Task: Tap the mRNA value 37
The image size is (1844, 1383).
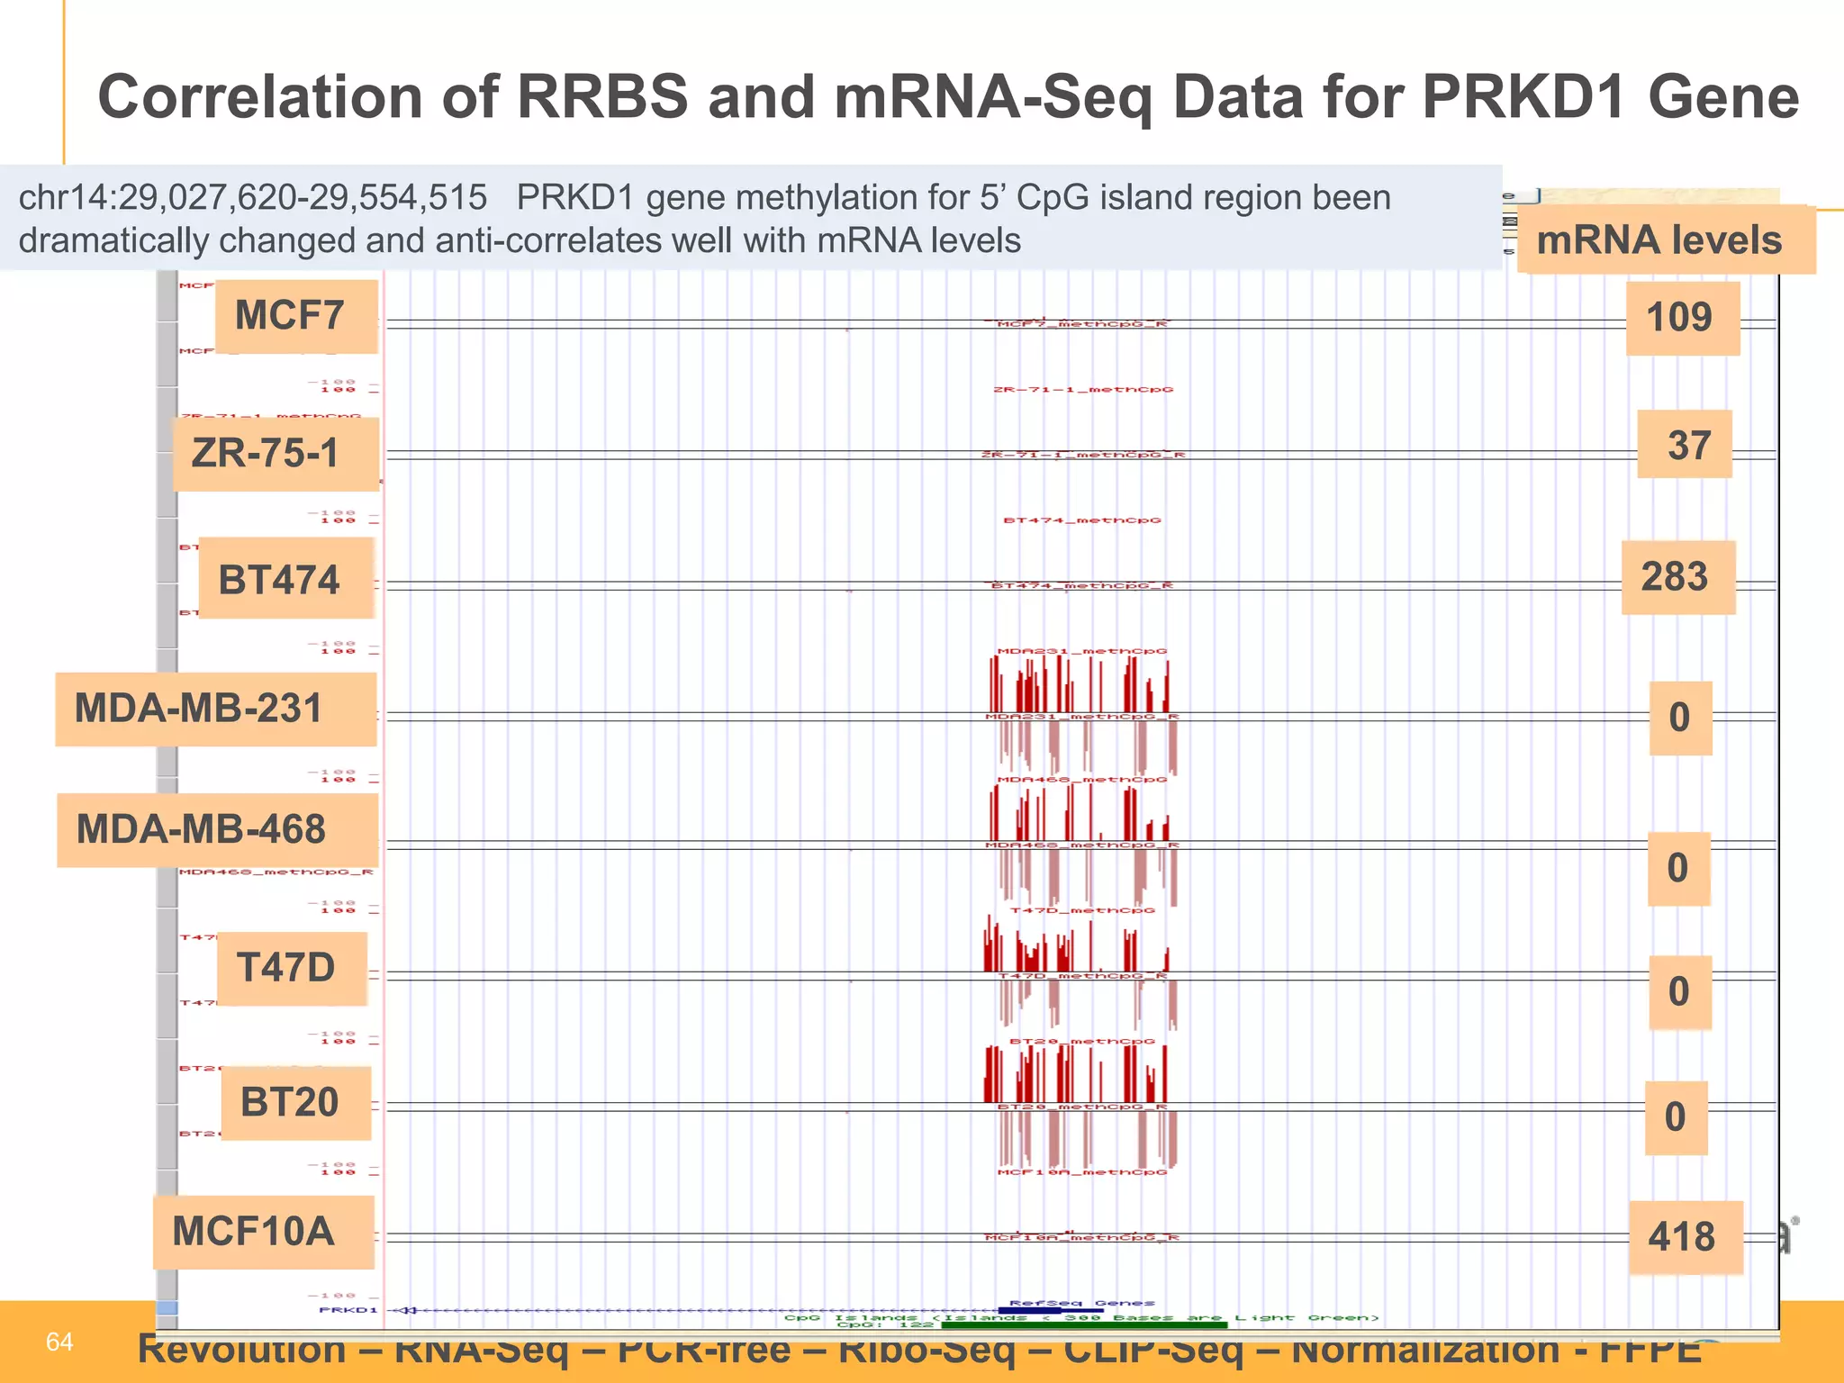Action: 1686,445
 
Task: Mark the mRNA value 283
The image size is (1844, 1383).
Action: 1677,577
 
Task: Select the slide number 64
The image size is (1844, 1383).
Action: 59,1342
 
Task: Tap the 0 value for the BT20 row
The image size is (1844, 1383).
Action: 1676,1117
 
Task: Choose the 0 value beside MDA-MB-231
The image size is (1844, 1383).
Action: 1680,718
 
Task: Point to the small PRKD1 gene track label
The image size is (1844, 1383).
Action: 348,1310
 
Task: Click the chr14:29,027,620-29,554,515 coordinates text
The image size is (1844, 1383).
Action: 253,197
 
